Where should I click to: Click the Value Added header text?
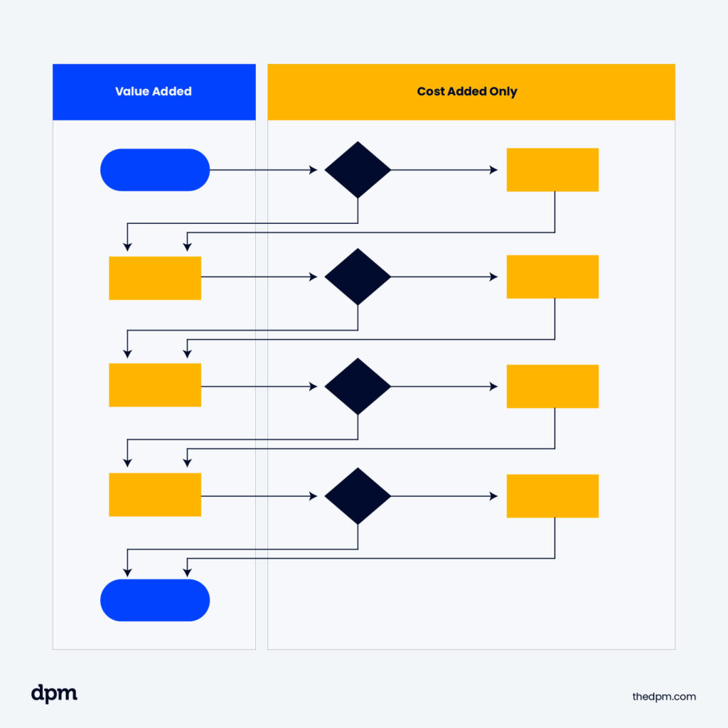coord(154,92)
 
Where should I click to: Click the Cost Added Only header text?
coord(467,92)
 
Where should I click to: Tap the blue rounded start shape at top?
coord(155,170)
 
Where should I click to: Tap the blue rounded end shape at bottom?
coord(155,600)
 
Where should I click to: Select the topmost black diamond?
coord(358,170)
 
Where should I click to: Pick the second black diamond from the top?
coord(358,277)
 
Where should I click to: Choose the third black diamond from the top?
coord(358,386)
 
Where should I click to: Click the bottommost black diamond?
coord(358,496)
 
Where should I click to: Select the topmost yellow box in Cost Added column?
coord(552,170)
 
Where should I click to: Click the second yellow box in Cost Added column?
coord(552,277)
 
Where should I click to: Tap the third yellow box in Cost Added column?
coord(552,386)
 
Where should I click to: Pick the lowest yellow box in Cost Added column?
coord(552,496)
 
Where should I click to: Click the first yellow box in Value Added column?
coord(155,278)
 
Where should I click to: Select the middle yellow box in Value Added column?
coord(155,385)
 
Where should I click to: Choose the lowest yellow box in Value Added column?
coord(155,494)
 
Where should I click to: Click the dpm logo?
coord(54,695)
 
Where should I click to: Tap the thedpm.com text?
coord(664,697)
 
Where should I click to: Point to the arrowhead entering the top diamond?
coord(314,170)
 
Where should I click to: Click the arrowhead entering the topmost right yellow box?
coord(494,170)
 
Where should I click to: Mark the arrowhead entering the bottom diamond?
coord(314,496)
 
